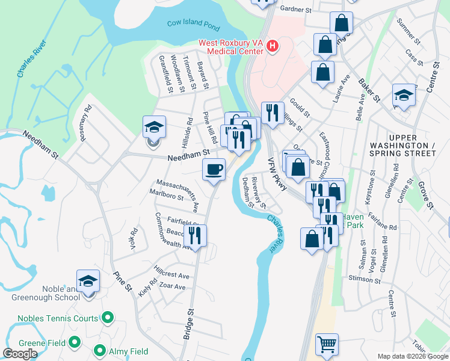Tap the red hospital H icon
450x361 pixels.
(273, 46)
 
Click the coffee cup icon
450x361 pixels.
(214, 169)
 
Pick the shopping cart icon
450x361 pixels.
(327, 345)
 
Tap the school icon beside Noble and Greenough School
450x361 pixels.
(88, 281)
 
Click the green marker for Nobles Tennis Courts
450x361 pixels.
(108, 316)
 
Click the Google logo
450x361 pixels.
(20, 354)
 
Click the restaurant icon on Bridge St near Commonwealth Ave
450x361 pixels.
(195, 235)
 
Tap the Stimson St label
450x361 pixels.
(365, 279)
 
